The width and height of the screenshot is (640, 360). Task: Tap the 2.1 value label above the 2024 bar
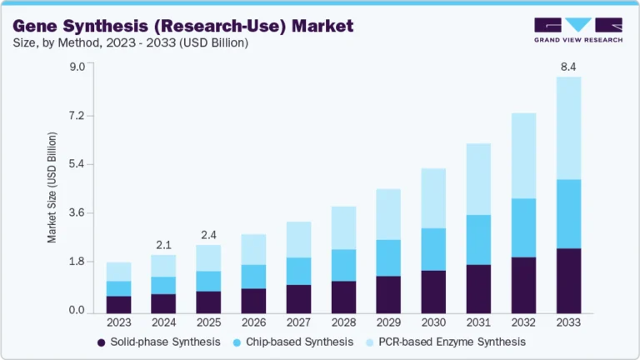(163, 244)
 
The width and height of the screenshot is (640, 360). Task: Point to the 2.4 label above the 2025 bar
(209, 234)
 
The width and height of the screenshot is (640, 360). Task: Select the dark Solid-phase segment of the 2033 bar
(568, 279)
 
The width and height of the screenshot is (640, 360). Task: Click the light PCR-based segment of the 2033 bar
(568, 127)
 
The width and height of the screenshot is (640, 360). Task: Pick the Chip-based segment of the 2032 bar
(523, 227)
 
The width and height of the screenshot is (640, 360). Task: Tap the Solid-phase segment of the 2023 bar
(118, 303)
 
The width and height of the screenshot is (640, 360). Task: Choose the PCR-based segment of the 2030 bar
(433, 197)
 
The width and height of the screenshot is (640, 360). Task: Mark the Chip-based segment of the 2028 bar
(343, 265)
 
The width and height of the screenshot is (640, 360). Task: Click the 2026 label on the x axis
(253, 322)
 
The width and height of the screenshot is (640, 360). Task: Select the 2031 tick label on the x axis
(478, 322)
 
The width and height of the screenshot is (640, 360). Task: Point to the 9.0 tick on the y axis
(77, 67)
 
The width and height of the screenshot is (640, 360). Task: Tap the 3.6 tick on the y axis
(77, 213)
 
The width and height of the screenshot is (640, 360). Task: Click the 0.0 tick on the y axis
(77, 311)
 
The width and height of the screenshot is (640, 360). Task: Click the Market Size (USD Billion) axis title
(52, 188)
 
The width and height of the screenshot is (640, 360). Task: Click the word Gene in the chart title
(37, 27)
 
